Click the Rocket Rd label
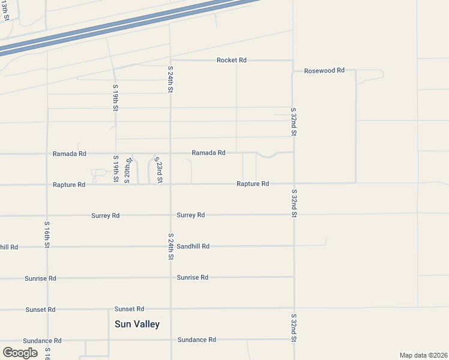[x=232, y=61]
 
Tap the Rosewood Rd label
[x=324, y=70]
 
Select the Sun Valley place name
[x=137, y=324]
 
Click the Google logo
[x=20, y=353]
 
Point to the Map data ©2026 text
[x=423, y=355]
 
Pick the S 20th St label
[x=127, y=170]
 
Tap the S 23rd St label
[x=158, y=170]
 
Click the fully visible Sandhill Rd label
[x=193, y=246]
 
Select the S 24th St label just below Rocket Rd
[x=170, y=79]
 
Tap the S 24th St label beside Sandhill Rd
[x=171, y=246]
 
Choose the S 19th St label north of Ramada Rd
[x=115, y=97]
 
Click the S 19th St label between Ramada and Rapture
[x=115, y=169]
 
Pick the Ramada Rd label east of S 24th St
[x=208, y=153]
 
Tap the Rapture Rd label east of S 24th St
[x=253, y=184]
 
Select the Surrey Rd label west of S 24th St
[x=106, y=215]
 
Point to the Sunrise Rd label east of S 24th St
[x=193, y=277]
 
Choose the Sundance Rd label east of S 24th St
[x=196, y=340]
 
